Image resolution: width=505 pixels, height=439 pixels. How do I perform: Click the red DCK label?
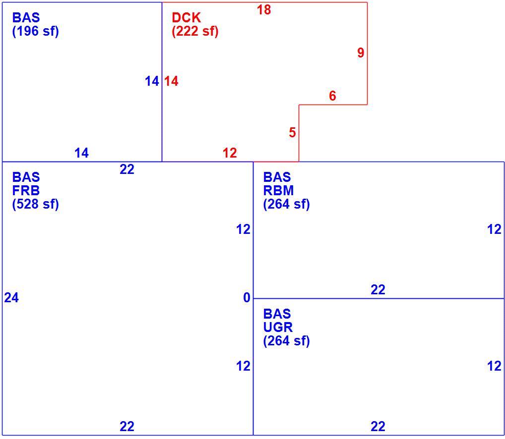click(x=186, y=18)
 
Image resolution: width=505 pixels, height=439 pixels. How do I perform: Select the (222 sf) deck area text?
click(x=195, y=32)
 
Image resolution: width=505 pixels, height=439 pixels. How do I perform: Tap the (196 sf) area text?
click(x=35, y=32)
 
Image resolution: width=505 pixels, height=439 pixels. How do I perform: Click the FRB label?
click(x=26, y=191)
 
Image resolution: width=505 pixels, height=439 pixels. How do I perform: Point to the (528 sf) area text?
click(x=35, y=204)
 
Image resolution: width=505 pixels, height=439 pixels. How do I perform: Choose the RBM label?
click(x=279, y=191)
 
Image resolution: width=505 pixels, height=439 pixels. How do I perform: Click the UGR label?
click(x=278, y=328)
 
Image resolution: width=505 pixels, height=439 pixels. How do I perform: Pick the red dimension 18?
click(x=264, y=10)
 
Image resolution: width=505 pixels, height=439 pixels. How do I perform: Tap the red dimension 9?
click(x=361, y=53)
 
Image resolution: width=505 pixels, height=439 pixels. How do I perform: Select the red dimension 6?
click(x=332, y=96)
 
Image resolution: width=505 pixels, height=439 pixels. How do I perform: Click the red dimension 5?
click(x=292, y=132)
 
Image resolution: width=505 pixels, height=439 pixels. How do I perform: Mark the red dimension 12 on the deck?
click(x=230, y=153)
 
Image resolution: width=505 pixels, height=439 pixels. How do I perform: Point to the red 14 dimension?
click(x=171, y=81)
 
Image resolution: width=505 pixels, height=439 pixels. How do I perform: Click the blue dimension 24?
click(x=11, y=298)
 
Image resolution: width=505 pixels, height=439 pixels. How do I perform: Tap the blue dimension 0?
click(x=247, y=298)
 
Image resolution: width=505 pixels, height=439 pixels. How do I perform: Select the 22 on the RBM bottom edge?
click(x=378, y=290)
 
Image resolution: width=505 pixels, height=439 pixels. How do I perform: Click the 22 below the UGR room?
click(x=378, y=427)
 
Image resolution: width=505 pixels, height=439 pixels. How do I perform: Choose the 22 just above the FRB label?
click(x=127, y=169)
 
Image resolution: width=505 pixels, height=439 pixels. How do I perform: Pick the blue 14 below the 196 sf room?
click(x=81, y=153)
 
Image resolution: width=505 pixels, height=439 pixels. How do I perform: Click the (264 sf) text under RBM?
click(x=287, y=204)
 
